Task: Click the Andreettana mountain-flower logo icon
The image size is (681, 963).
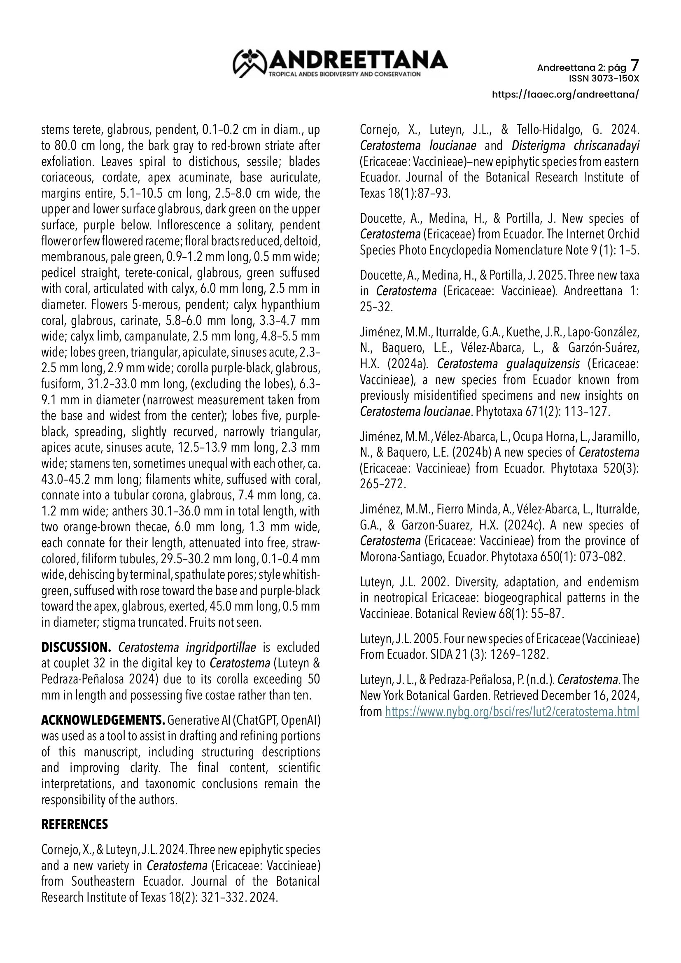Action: [x=250, y=63]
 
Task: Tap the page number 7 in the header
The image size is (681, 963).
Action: [x=635, y=65]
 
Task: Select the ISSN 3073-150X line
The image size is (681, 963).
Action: [x=604, y=79]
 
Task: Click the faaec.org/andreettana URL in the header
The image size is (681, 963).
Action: [x=565, y=94]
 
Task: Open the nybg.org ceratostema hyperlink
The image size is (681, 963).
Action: [x=512, y=712]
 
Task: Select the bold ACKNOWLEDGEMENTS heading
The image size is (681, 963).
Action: [x=103, y=721]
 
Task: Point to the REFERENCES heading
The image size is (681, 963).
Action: [x=75, y=824]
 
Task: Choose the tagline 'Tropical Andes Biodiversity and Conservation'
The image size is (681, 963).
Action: [x=344, y=74]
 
